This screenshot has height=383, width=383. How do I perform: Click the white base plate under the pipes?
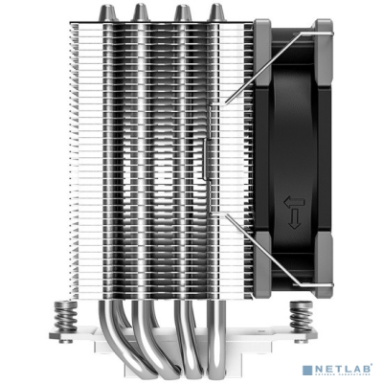[172, 371]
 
